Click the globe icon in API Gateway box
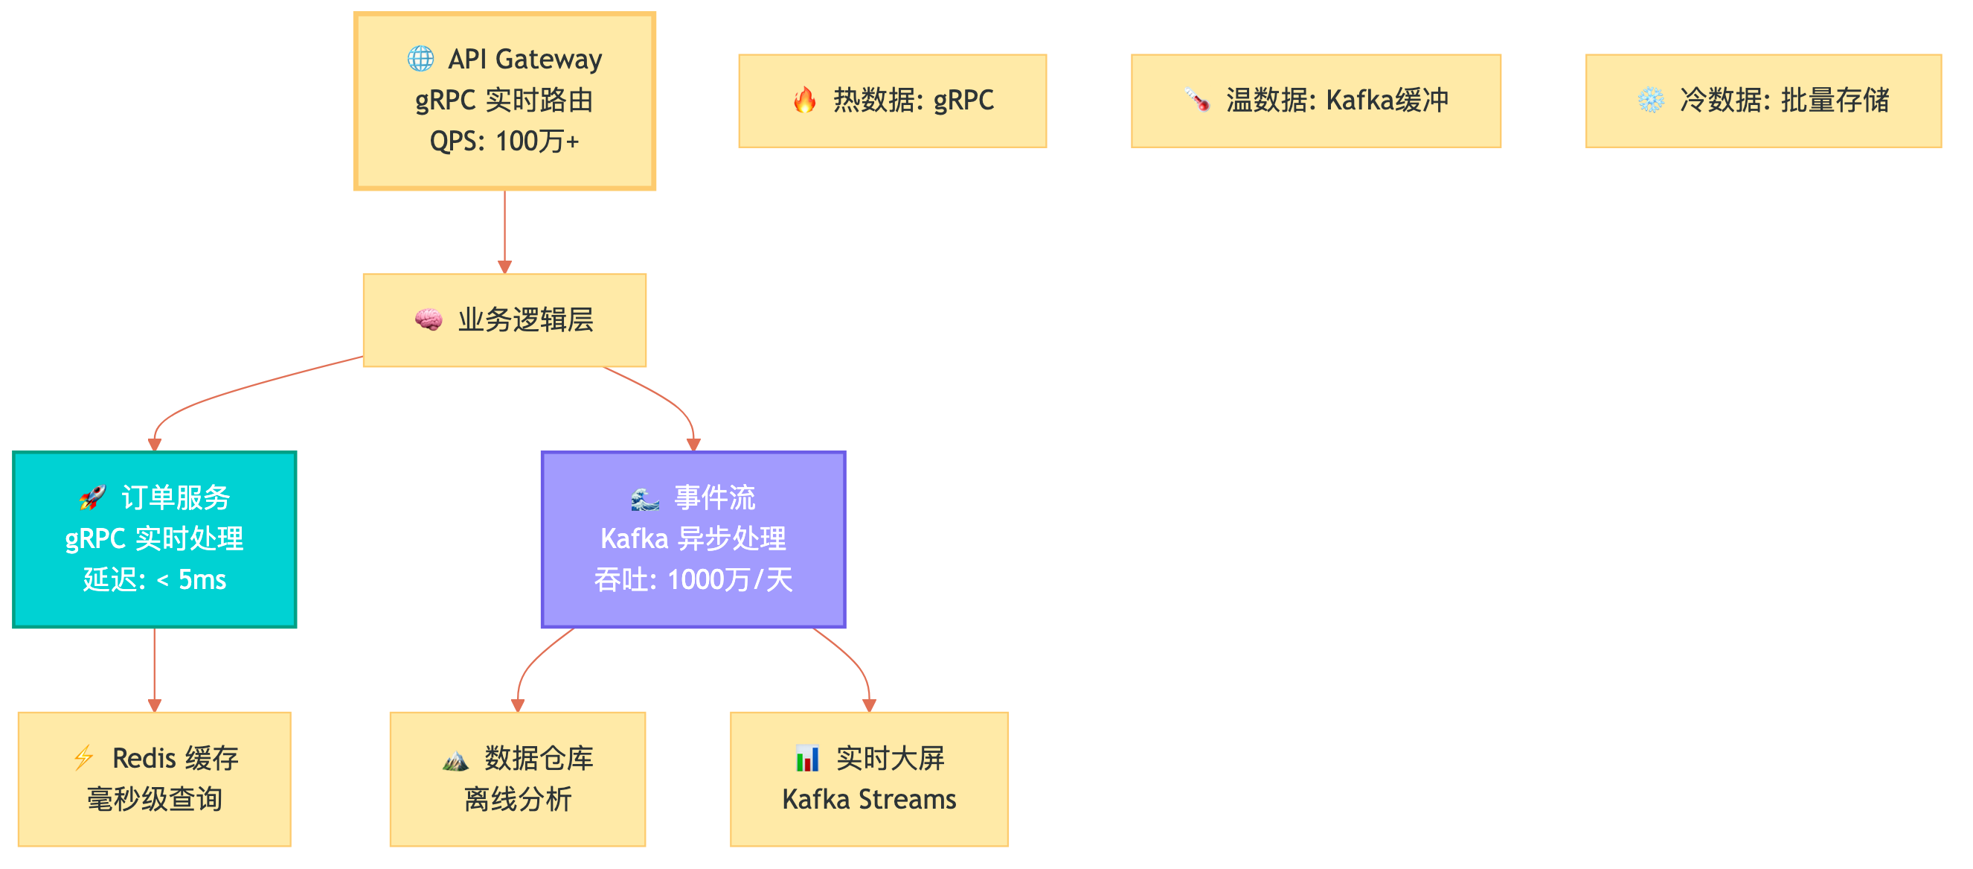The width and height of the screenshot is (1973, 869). click(420, 58)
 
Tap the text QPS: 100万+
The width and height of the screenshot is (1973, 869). click(504, 141)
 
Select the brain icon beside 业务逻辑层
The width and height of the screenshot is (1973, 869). click(428, 319)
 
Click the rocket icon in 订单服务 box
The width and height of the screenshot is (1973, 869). click(92, 497)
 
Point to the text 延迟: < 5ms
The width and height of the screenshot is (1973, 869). click(154, 579)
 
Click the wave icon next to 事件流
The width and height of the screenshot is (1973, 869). click(644, 499)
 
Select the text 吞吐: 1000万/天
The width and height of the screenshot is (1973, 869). click(693, 579)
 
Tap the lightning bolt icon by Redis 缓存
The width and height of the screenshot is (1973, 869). click(83, 758)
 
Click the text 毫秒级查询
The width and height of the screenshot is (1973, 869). click(154, 799)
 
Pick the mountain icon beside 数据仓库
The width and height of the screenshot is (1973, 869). click(455, 760)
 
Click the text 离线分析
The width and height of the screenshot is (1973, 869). click(517, 799)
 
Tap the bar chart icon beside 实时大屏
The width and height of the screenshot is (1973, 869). click(806, 758)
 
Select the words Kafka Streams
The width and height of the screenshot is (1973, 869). click(868, 799)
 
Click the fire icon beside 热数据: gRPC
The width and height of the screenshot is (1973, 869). click(804, 100)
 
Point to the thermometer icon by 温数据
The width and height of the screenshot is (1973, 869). click(1196, 100)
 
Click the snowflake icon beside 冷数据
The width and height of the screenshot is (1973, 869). click(1651, 100)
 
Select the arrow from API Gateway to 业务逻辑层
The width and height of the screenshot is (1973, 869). click(504, 230)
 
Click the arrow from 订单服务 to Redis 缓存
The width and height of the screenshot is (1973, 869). click(154, 666)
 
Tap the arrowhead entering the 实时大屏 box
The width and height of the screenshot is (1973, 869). click(868, 705)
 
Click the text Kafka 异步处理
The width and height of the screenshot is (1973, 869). click(693, 538)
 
